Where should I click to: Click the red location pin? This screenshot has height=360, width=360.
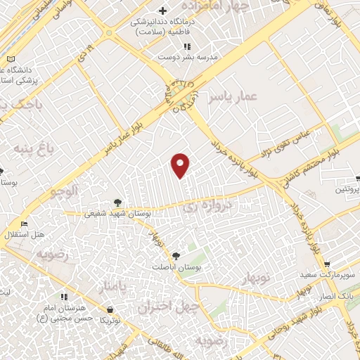(x=181, y=165)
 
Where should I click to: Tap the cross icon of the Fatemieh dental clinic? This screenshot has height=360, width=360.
(x=163, y=11)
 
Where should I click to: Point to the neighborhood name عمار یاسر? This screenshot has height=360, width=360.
(x=234, y=97)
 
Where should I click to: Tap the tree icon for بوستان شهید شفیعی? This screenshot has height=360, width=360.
(x=117, y=202)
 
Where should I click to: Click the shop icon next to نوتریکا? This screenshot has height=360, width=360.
(x=110, y=309)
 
